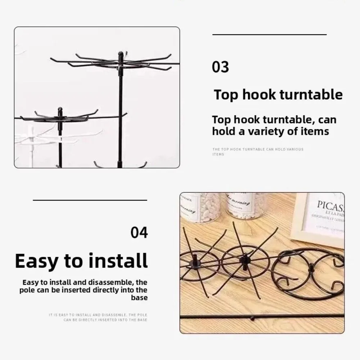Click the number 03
[x=220, y=67]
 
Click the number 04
[x=139, y=233]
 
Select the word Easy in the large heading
[x=38, y=261]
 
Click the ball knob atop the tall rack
[x=121, y=54]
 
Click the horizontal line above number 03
[x=269, y=35]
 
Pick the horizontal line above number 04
[x=90, y=200]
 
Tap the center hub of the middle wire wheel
[x=245, y=258]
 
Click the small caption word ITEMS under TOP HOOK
[x=218, y=154]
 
